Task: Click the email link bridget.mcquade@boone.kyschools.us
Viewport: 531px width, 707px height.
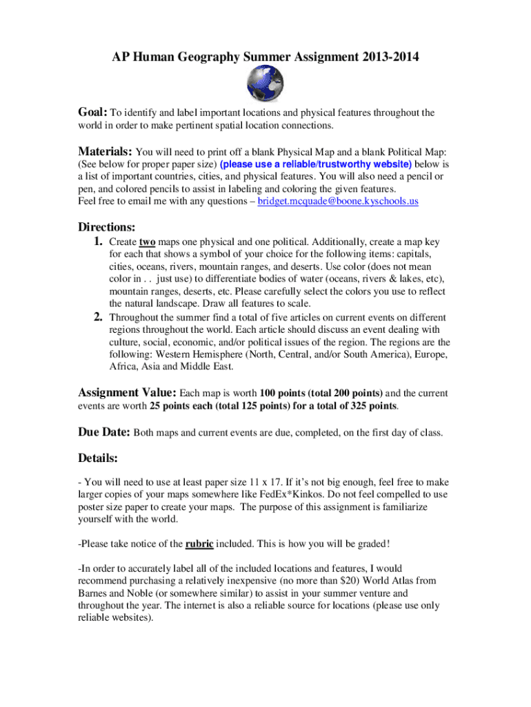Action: coord(338,202)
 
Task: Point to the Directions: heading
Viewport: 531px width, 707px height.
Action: coord(106,226)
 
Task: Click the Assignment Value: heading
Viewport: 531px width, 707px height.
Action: coord(127,393)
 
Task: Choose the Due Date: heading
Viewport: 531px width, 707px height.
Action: coord(103,433)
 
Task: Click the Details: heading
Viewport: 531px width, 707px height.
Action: coord(97,458)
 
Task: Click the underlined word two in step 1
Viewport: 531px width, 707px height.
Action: coord(146,243)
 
